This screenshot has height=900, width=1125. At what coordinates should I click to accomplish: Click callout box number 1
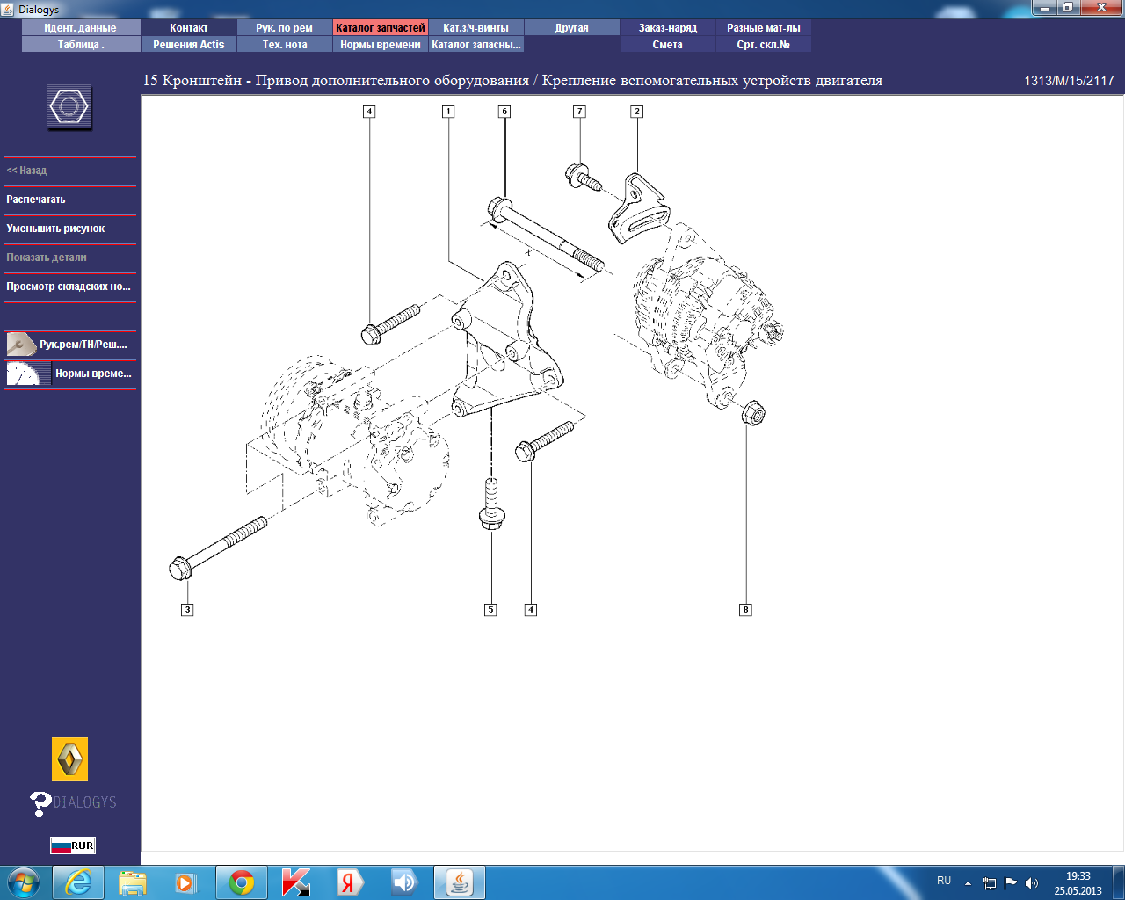point(448,112)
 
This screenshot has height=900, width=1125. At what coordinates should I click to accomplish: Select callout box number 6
point(504,112)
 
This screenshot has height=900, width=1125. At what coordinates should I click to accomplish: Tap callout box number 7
point(579,112)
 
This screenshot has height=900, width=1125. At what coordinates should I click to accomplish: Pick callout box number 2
point(636,112)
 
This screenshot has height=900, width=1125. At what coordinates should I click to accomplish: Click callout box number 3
point(187,610)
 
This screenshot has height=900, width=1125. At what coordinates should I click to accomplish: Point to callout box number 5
point(490,610)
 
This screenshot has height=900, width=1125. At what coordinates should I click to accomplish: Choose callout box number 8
point(745,610)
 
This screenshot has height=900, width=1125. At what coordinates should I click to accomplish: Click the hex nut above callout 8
point(753,412)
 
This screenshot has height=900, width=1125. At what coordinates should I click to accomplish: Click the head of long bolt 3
point(180,569)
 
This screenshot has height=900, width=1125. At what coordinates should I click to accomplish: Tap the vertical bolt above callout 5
point(491,504)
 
